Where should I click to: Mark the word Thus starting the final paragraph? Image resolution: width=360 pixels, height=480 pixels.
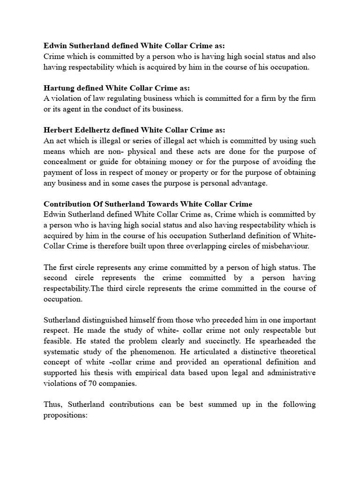(x=52, y=405)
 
